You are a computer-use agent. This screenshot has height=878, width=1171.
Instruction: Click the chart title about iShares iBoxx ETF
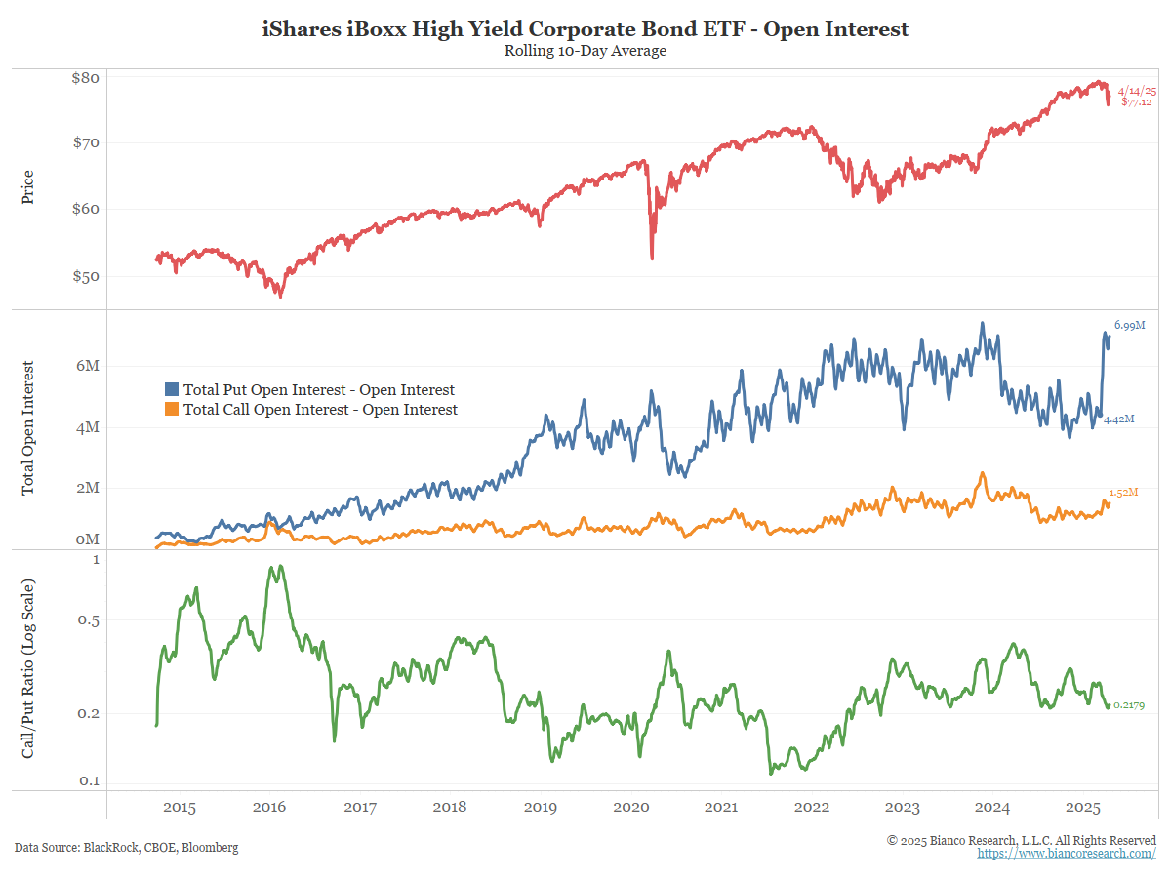[585, 29]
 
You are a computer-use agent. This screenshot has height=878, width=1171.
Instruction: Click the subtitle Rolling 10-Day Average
[585, 51]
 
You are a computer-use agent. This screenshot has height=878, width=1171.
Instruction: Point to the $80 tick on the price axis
[86, 78]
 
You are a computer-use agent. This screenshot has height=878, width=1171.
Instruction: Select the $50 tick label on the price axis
[86, 276]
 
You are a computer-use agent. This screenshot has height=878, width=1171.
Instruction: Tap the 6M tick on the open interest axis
[88, 365]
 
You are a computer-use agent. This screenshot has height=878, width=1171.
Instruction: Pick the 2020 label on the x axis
[630, 808]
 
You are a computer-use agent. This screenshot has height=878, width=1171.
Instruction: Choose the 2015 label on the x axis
[180, 808]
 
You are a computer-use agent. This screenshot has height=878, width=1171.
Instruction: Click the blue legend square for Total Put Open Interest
[172, 390]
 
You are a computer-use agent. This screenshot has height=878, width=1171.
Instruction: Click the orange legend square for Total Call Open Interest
[172, 410]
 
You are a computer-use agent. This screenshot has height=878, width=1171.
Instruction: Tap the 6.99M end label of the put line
[1129, 325]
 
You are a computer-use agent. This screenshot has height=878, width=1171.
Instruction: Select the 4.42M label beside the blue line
[1119, 419]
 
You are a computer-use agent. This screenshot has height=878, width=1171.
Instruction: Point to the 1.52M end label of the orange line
[1124, 493]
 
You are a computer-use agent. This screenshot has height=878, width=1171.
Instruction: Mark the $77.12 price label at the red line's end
[1137, 101]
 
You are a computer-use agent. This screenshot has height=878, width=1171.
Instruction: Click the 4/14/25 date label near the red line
[1137, 90]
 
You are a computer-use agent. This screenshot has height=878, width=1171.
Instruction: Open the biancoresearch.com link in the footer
[1067, 854]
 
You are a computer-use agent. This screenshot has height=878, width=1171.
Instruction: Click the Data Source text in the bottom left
[126, 847]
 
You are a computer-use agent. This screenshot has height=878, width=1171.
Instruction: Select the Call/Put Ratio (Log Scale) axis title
[28, 668]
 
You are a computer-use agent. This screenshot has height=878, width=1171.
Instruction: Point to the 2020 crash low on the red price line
[652, 258]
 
